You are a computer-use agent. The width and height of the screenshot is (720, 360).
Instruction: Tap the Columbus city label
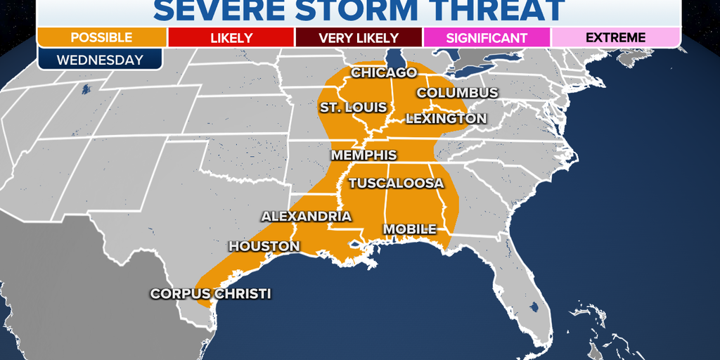[x=457, y=93]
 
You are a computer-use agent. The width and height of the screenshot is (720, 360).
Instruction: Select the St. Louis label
[x=353, y=107]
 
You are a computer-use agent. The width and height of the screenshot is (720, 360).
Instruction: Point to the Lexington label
[x=446, y=119]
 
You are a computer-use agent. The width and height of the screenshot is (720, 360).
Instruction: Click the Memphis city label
[x=364, y=155]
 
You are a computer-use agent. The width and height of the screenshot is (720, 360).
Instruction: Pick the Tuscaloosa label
[x=396, y=183]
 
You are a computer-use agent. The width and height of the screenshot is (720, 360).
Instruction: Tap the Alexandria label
[x=306, y=216]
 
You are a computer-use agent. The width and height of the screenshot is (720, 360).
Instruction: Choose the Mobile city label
[x=409, y=229]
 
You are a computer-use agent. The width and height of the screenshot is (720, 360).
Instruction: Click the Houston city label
[x=264, y=246]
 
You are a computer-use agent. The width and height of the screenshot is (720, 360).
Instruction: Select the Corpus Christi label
[x=210, y=294]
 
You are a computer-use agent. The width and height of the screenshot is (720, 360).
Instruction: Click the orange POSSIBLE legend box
[x=103, y=37]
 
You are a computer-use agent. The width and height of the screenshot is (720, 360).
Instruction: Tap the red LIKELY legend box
[x=231, y=37]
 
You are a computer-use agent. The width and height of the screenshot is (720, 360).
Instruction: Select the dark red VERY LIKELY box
[x=359, y=37]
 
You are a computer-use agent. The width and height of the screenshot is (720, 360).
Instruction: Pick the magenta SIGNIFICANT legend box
[x=487, y=37]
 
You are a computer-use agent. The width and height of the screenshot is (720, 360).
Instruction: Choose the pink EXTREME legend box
[x=615, y=37]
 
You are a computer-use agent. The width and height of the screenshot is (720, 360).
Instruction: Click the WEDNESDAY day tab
[x=100, y=59]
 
